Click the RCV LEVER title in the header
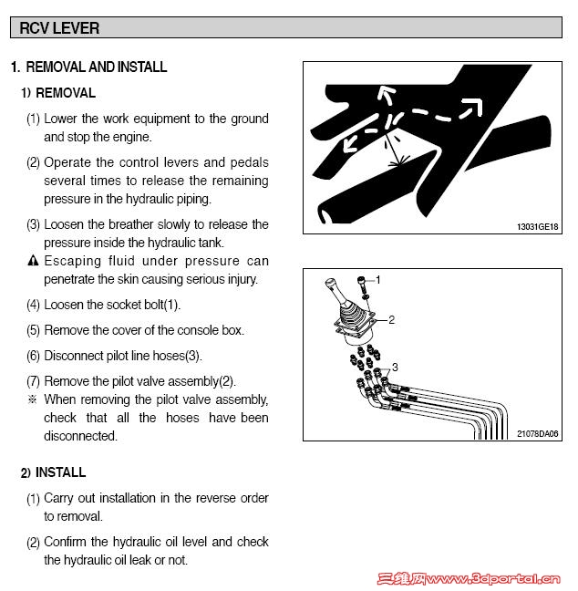pyautogui.click(x=59, y=28)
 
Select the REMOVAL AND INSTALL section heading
pyautogui.click(x=96, y=67)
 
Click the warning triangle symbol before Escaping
pyautogui.click(x=33, y=262)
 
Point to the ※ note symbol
pyautogui.click(x=33, y=399)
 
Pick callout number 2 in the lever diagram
pyautogui.click(x=391, y=320)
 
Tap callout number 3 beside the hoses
pyautogui.click(x=395, y=367)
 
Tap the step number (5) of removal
pyautogui.click(x=33, y=330)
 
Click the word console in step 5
pyautogui.click(x=201, y=330)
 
